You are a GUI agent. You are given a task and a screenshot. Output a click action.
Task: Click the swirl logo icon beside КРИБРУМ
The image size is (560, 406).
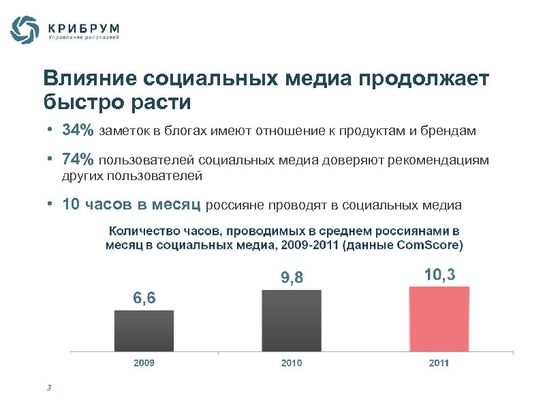pyautogui.click(x=25, y=31)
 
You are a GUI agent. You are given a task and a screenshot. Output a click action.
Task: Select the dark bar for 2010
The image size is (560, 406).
pyautogui.click(x=292, y=321)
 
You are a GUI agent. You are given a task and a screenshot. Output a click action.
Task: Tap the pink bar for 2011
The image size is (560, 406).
pyautogui.click(x=439, y=319)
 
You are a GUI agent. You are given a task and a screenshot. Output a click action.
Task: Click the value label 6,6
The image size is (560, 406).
pyautogui.click(x=144, y=298)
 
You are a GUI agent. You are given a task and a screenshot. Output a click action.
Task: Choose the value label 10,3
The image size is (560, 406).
pyautogui.click(x=439, y=274)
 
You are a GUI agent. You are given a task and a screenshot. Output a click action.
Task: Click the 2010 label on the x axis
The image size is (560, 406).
pyautogui.click(x=292, y=363)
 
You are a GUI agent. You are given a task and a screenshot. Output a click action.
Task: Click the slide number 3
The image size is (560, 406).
pyautogui.click(x=49, y=388)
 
